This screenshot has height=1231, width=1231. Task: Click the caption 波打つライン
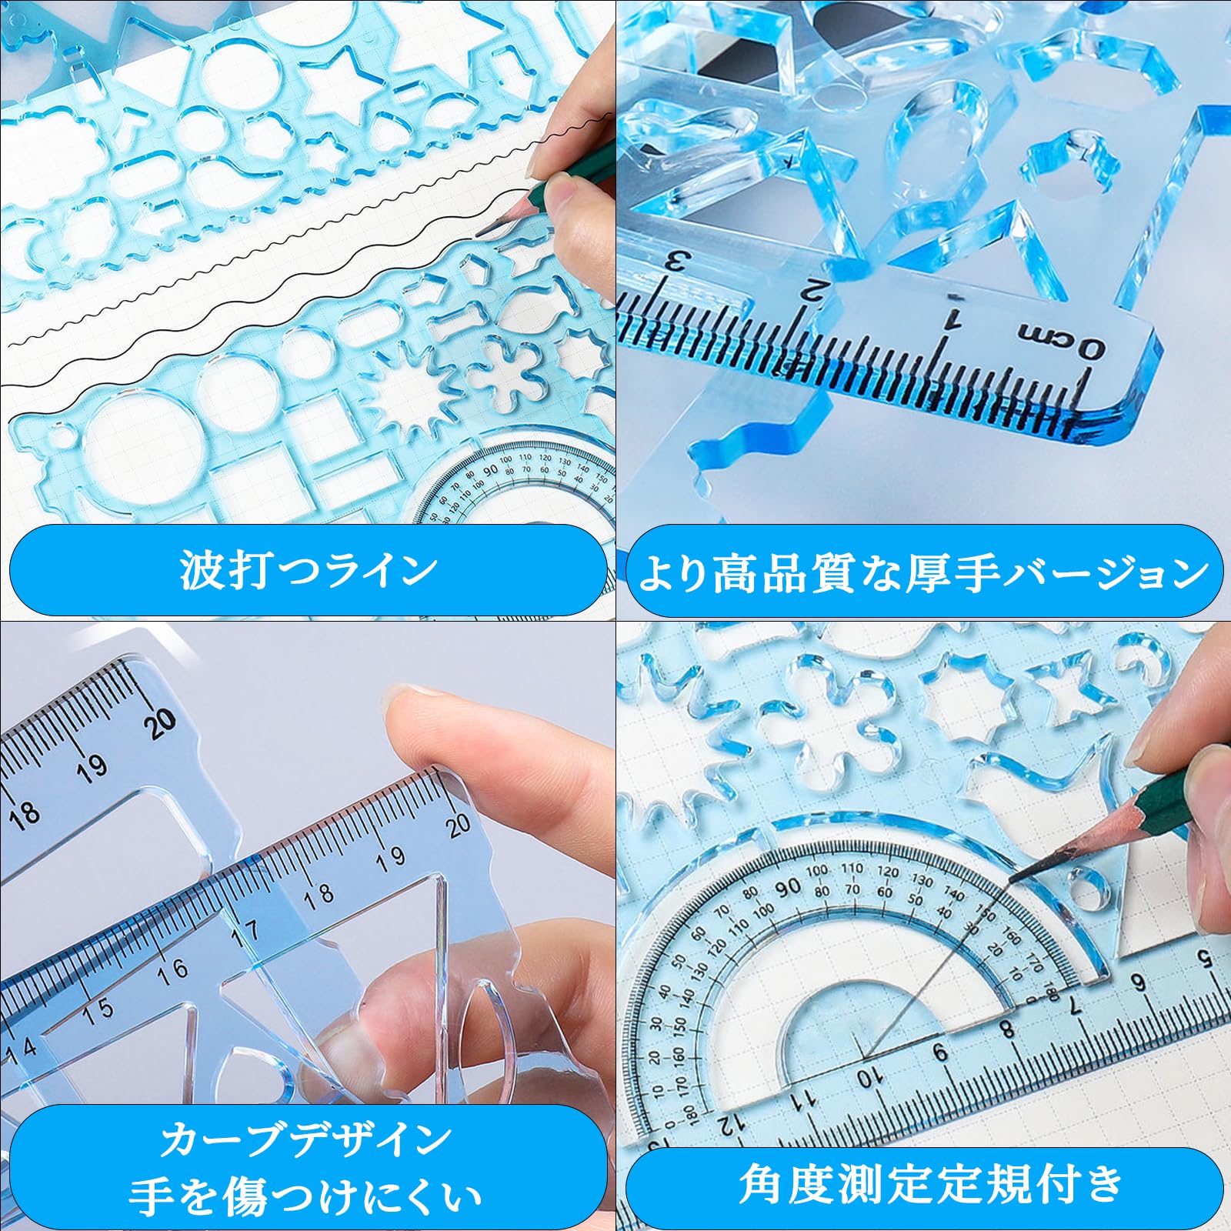pyautogui.click(x=308, y=570)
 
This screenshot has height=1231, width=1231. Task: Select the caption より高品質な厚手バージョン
pyautogui.click(x=923, y=572)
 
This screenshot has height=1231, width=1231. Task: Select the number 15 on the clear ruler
pyautogui.click(x=98, y=1009)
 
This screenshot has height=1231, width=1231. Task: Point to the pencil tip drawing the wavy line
pyautogui.click(x=479, y=232)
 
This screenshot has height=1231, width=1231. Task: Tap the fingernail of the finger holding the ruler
pyautogui.click(x=408, y=696)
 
